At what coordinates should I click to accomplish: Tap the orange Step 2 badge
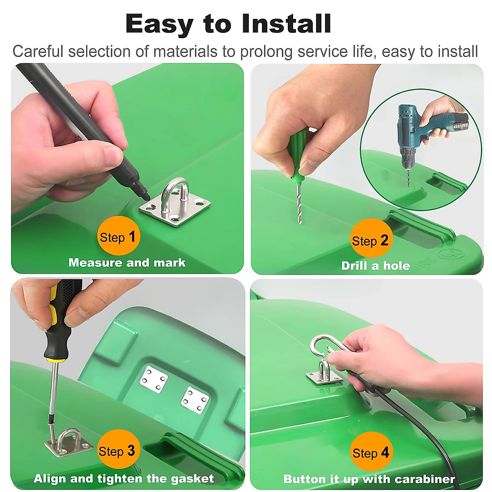coord(371,238)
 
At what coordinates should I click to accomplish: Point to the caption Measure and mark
coord(127,263)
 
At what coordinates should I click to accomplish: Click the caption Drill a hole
coord(376,266)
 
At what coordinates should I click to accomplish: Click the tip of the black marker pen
coord(147,198)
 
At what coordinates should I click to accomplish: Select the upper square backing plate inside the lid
coord(153,379)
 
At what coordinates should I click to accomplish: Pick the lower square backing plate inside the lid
coord(195,401)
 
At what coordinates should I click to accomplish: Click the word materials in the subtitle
coord(185,51)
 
